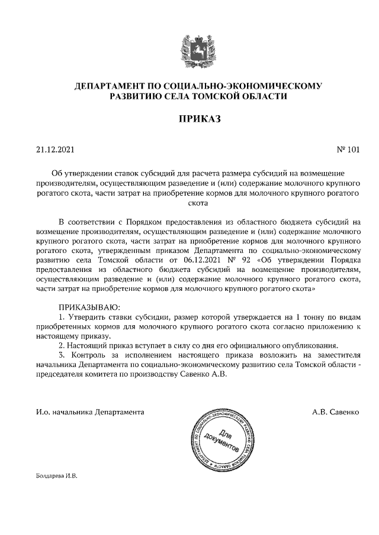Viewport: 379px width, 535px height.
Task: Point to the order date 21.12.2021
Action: pos(55,150)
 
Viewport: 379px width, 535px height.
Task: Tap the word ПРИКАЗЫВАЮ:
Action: pos(89,307)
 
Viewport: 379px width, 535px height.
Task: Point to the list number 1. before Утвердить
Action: pos(63,317)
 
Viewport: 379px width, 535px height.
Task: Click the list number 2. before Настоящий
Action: pos(63,345)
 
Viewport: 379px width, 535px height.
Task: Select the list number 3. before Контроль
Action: pos(63,355)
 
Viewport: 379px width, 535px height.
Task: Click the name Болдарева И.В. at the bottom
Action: pos(57,475)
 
